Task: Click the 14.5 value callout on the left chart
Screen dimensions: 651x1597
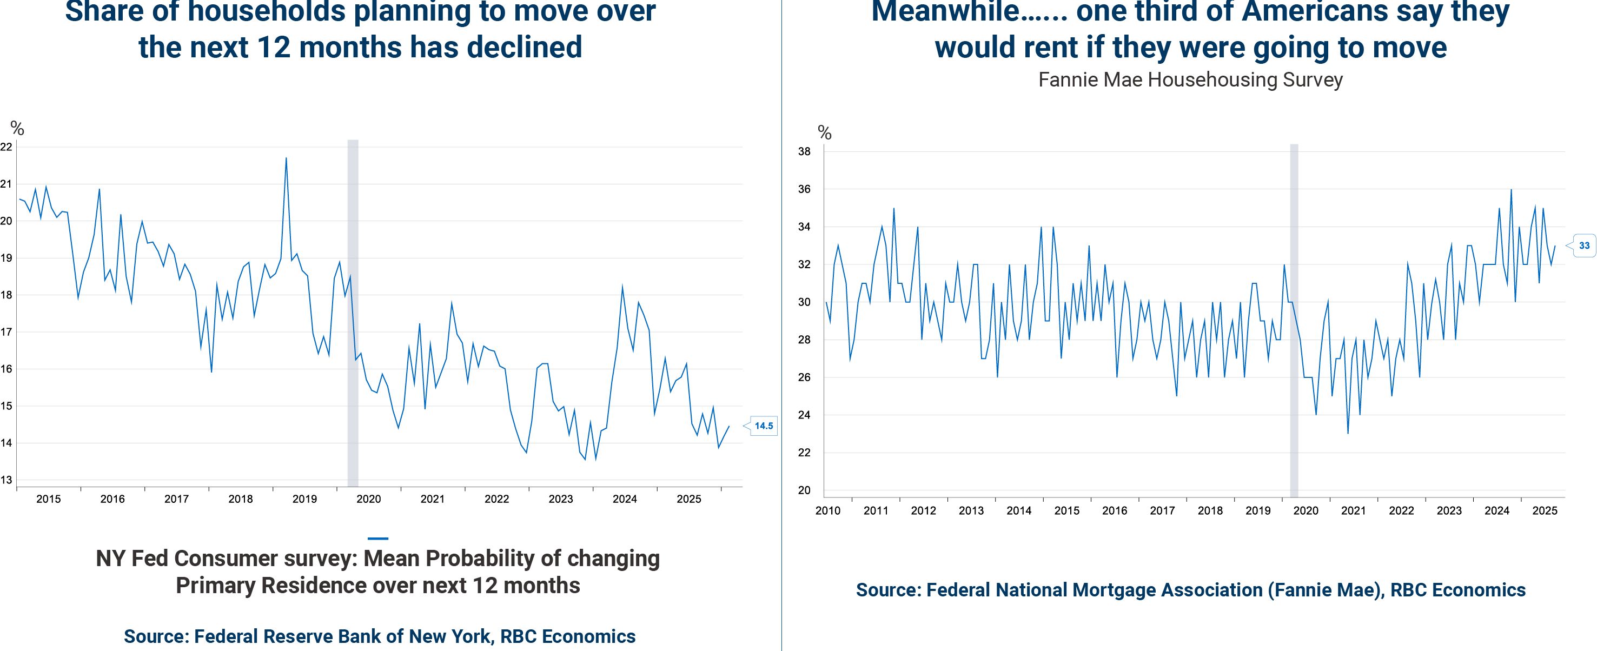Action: pos(763,426)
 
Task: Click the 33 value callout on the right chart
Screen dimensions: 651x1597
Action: pos(1584,245)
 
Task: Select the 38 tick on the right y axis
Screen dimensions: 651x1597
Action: pos(804,151)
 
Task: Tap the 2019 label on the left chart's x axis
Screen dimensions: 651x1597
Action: pos(304,499)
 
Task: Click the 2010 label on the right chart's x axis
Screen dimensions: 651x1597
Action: pos(827,511)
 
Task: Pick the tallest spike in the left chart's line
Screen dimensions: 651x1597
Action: pos(286,159)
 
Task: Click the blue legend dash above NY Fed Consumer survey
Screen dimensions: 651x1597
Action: pos(377,538)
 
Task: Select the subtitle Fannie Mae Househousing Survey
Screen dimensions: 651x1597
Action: pos(1190,80)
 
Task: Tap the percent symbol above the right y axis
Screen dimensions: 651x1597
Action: pos(824,132)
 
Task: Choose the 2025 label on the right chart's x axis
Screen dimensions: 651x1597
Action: pos(1545,511)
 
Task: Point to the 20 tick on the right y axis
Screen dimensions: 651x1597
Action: pos(804,490)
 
